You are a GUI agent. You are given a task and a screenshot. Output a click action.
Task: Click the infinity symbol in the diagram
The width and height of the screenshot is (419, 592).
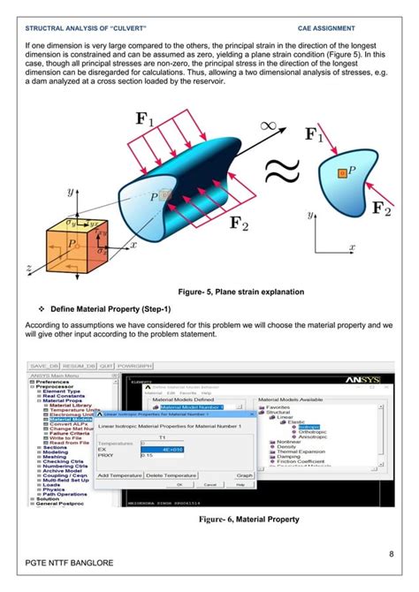269,126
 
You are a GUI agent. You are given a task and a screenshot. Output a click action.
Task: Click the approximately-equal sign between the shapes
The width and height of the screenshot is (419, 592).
281,173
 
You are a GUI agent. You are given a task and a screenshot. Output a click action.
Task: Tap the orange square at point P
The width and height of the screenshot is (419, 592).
343,173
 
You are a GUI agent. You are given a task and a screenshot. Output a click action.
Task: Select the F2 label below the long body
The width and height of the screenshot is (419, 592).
240,222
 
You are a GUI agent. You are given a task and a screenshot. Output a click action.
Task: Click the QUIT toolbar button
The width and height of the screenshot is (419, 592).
82,366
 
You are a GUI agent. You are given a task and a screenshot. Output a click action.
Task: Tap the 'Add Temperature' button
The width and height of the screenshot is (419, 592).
120,475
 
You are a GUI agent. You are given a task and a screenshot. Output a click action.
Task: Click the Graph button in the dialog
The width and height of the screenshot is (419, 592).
245,475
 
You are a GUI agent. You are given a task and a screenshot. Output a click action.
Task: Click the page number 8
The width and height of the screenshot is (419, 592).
391,554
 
